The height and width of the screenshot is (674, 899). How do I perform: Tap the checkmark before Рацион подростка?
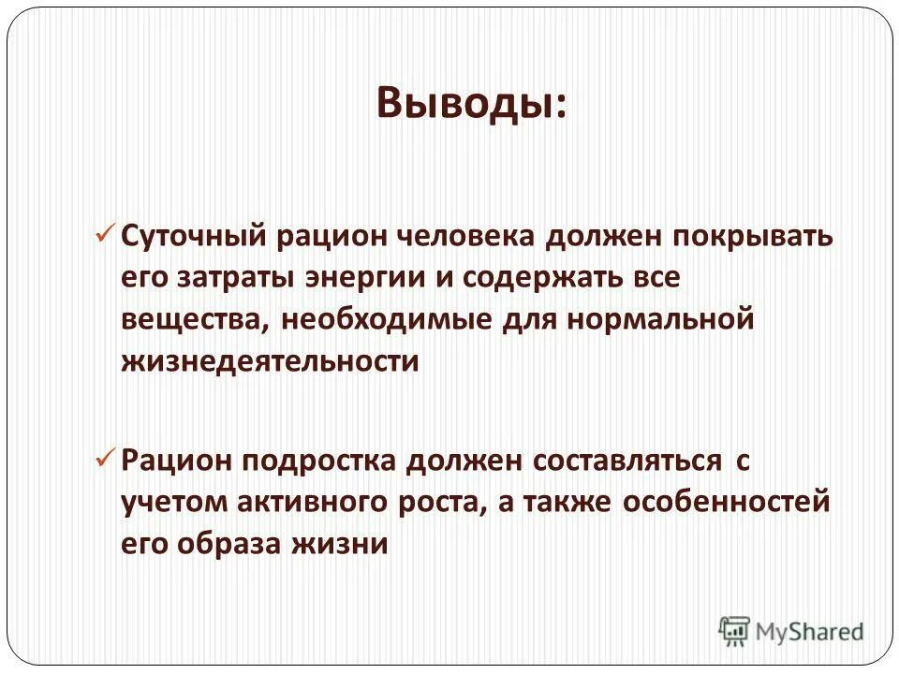click(104, 458)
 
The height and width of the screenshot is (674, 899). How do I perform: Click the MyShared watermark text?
click(809, 633)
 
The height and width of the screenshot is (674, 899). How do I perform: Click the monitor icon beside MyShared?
click(734, 631)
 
